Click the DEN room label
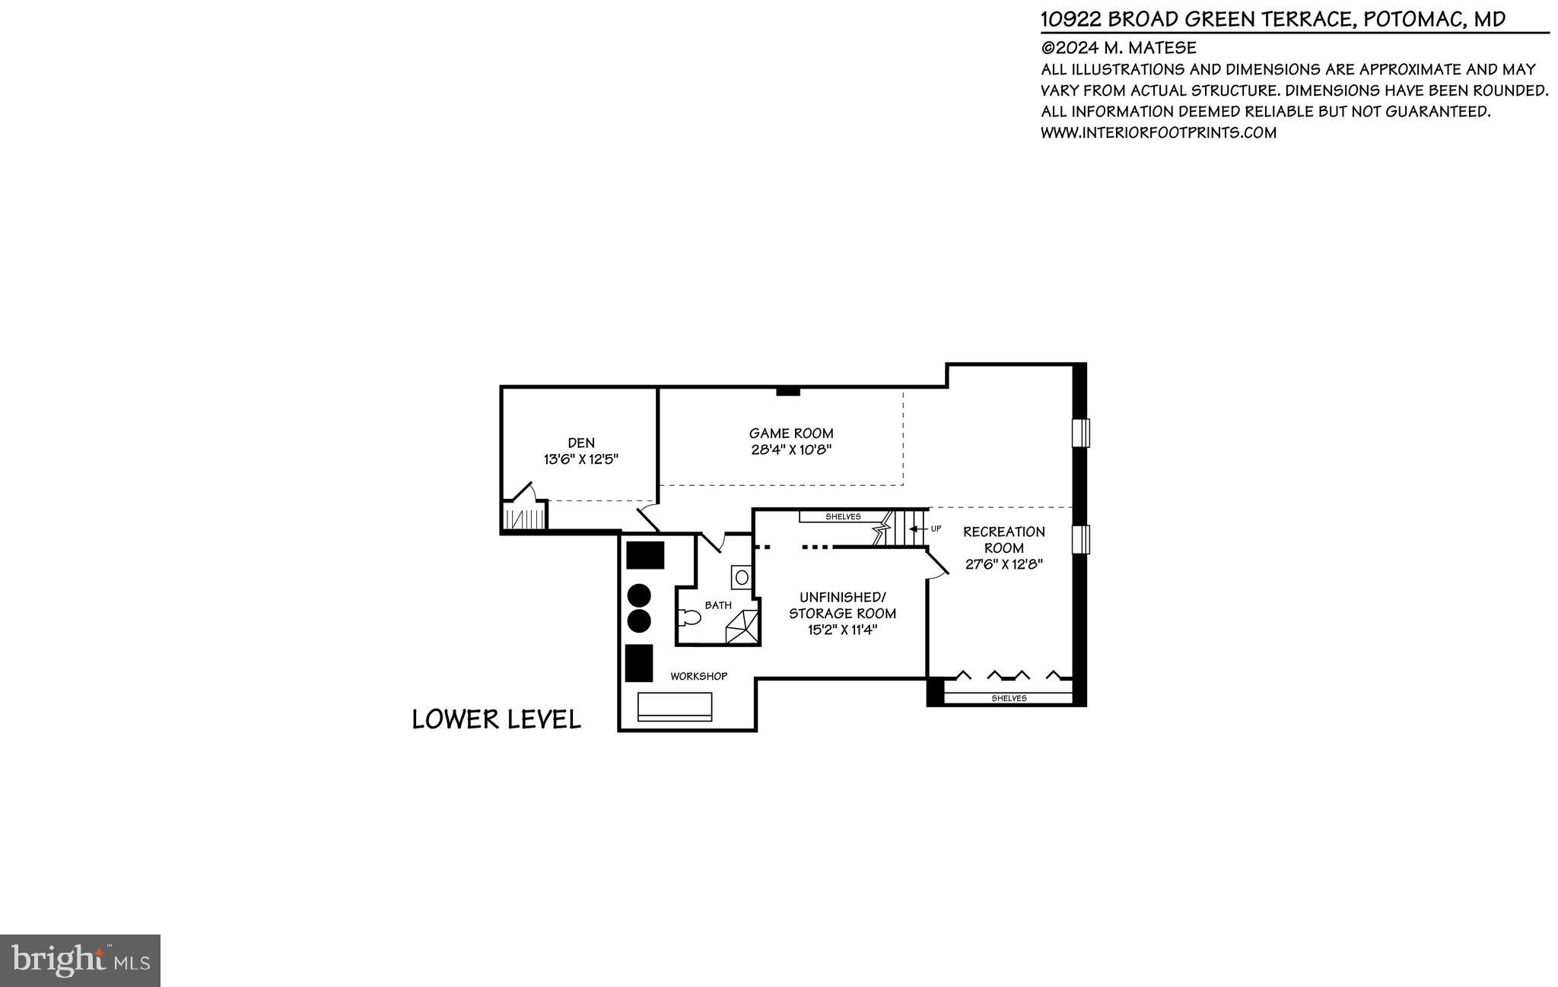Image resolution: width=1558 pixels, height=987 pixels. pos(581,443)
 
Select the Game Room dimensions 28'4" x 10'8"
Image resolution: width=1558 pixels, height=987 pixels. pos(791,449)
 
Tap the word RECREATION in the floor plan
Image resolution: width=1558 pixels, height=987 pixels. pos(1003,532)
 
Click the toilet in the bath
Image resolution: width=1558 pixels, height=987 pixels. pos(691,617)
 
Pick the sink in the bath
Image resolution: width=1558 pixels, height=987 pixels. pos(741,577)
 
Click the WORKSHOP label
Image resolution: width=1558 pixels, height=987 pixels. pos(698,676)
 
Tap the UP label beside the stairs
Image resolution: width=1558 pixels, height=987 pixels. pos(936,528)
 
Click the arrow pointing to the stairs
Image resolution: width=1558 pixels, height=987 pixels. pos(917,528)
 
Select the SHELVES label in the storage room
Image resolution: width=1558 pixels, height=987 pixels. pos(843,517)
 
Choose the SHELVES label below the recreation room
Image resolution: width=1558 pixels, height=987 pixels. pos(1009,698)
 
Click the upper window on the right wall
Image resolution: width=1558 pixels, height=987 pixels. pos(1081,433)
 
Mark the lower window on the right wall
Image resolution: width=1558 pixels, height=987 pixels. pos(1081,539)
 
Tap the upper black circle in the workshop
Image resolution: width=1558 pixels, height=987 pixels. pos(639,595)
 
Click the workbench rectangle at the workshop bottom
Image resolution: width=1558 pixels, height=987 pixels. pos(675,706)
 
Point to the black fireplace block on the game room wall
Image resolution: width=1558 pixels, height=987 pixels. pos(788,392)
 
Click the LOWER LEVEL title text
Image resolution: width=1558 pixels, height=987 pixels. pos(496,719)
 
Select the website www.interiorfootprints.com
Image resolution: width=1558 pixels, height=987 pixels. pos(1158,132)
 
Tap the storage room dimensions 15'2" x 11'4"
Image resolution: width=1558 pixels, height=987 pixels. pos(842,630)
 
